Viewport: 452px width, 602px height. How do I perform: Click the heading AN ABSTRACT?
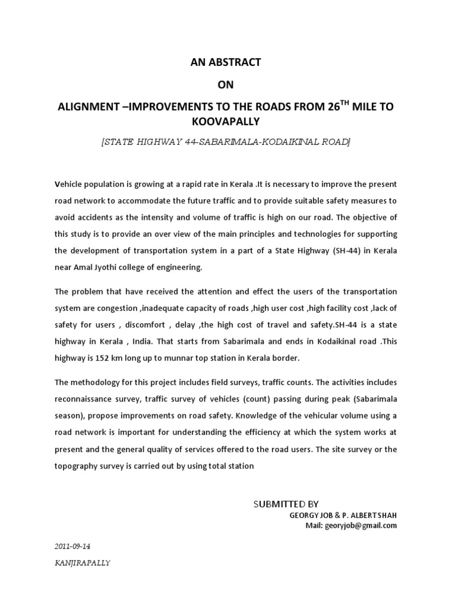(x=225, y=62)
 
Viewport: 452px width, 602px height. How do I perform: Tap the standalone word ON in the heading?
(x=225, y=85)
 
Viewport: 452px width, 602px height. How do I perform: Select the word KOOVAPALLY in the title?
(x=226, y=122)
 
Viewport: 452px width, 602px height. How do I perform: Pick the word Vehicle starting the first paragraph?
(x=69, y=183)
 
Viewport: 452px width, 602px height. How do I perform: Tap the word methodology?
(x=95, y=382)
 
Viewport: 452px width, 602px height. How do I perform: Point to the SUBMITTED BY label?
(x=285, y=504)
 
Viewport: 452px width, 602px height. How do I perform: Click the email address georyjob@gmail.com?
(x=360, y=525)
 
